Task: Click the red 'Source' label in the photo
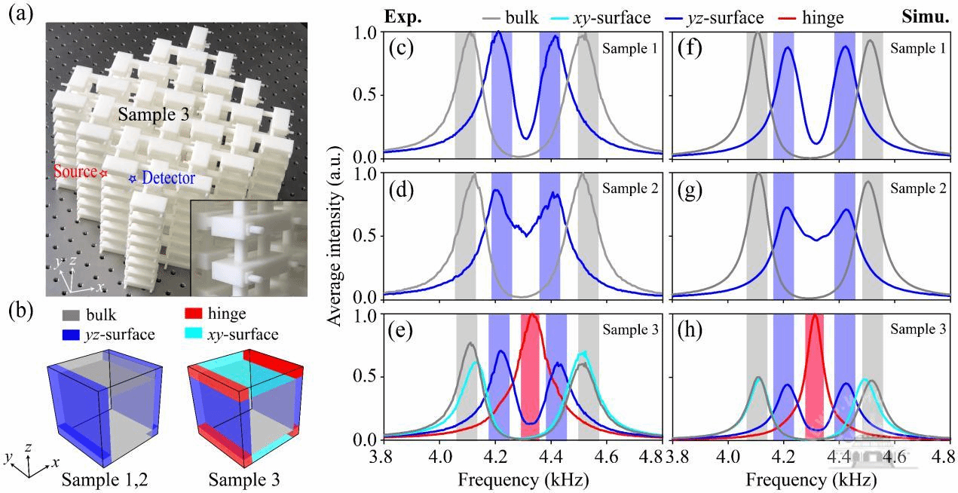pyautogui.click(x=75, y=172)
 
